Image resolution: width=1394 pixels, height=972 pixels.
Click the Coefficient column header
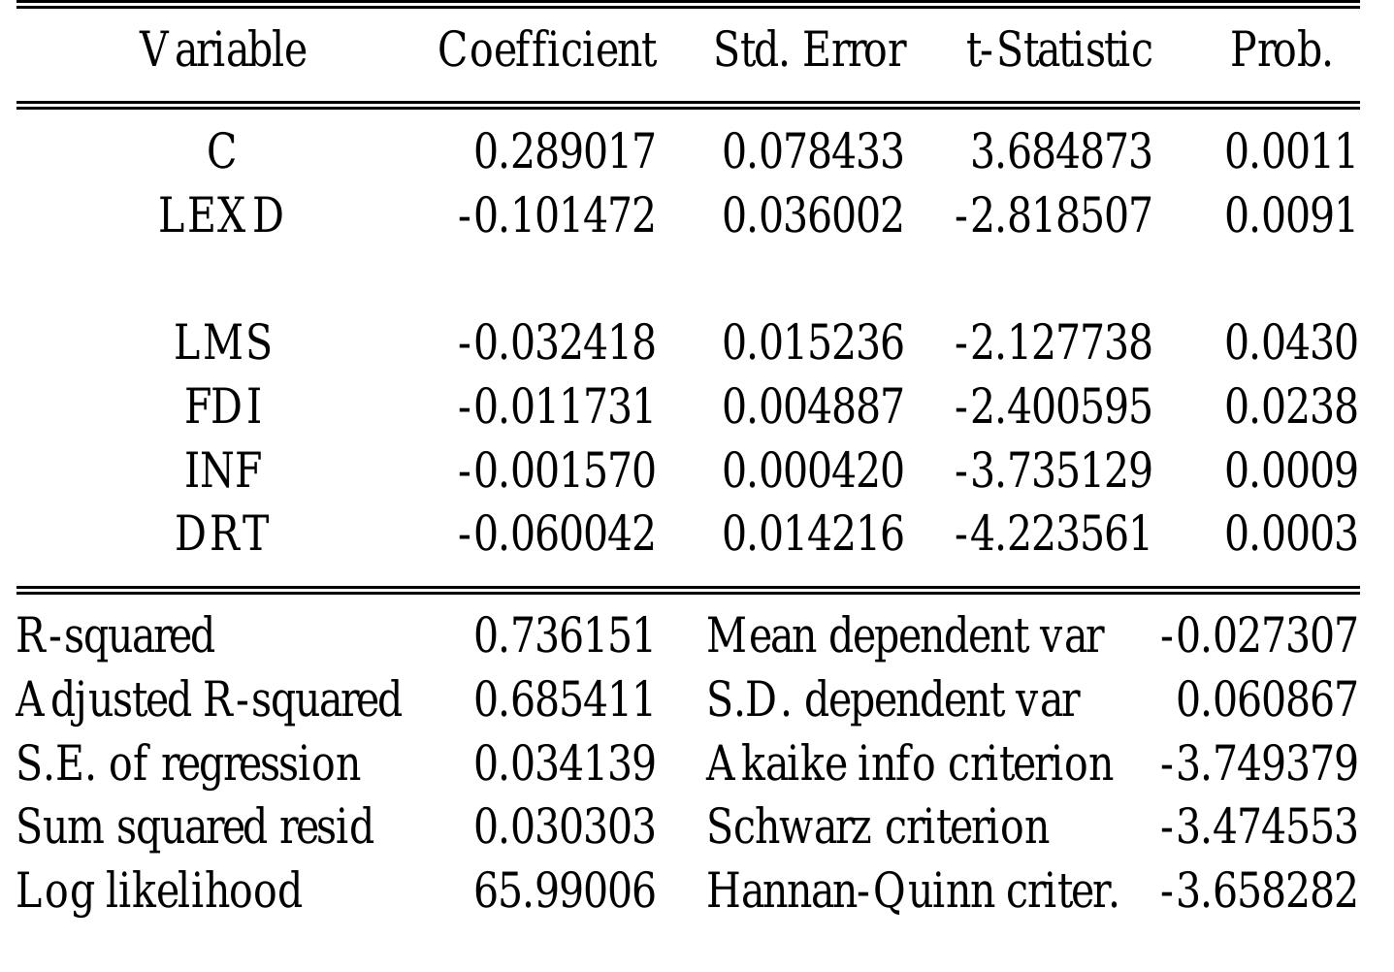click(x=547, y=50)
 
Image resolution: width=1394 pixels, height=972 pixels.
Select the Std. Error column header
click(x=809, y=50)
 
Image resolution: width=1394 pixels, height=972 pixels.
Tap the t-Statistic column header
click(x=1059, y=50)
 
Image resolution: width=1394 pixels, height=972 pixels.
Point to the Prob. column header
click(x=1281, y=50)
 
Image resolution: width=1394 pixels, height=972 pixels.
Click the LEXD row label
click(x=221, y=215)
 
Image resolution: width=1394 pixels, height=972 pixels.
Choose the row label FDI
click(x=223, y=406)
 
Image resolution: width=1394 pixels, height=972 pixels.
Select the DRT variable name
click(x=222, y=534)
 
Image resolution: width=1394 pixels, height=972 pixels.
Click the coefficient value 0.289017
click(x=565, y=152)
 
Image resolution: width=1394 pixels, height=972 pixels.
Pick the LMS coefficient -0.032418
click(x=557, y=343)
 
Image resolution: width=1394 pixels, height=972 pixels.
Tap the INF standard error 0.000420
click(x=813, y=470)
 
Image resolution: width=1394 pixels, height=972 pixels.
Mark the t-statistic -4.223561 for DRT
click(x=1053, y=534)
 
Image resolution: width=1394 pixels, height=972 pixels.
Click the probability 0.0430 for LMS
click(x=1290, y=343)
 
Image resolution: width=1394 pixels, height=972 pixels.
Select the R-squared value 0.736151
click(x=565, y=636)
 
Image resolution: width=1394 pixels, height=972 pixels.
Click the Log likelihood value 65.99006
click(x=565, y=891)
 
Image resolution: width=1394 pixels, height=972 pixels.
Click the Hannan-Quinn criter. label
click(x=912, y=891)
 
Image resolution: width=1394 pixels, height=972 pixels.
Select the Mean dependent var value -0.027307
click(x=1258, y=636)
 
